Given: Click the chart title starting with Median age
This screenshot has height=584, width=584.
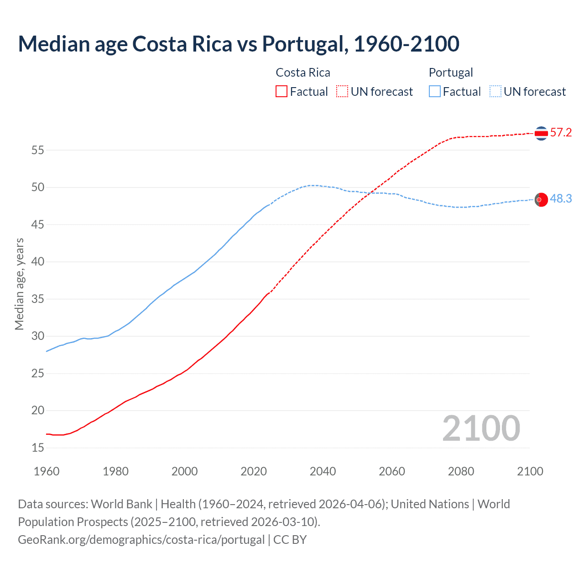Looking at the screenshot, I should tap(239, 44).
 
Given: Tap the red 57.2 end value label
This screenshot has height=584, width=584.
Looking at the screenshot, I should tap(561, 133).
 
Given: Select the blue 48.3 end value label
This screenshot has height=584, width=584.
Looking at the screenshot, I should tap(561, 199).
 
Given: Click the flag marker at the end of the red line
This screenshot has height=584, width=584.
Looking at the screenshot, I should tap(541, 133).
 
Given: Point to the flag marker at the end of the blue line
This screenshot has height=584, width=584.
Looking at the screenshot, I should tap(541, 200).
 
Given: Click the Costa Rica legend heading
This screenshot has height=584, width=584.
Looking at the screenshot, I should tap(303, 73).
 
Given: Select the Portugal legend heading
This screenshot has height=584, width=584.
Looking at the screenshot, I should tap(451, 73).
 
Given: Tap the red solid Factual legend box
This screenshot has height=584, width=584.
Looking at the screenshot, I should tap(282, 92).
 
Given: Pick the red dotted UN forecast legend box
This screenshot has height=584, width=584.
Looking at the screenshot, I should tap(342, 92).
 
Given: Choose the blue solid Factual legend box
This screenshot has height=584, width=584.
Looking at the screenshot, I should tap(435, 92).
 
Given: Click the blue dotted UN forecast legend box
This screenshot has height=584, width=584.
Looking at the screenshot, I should tap(495, 92).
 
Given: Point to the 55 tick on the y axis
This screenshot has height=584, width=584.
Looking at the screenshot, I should tap(38, 150).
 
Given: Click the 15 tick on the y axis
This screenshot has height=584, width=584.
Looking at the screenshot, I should tap(38, 448).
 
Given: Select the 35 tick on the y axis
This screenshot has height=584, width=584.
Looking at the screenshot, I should tap(38, 299).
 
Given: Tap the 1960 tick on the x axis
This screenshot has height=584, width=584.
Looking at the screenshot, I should tap(47, 471).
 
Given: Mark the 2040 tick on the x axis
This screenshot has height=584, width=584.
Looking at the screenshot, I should tap(323, 471).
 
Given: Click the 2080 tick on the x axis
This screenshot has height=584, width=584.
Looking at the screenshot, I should tap(461, 471).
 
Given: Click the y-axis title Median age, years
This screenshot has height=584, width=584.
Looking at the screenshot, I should tap(19, 284).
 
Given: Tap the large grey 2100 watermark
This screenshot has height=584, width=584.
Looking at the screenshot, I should tap(481, 428).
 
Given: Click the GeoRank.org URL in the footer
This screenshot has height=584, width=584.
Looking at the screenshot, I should tap(141, 540).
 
